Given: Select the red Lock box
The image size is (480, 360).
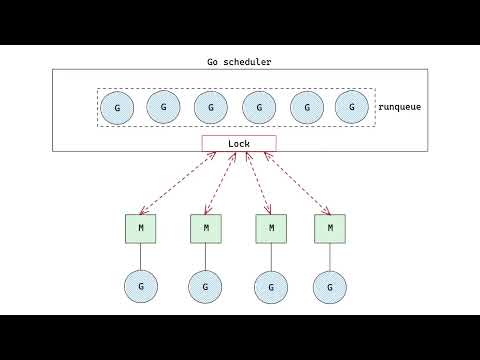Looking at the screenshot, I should pyautogui.click(x=239, y=143).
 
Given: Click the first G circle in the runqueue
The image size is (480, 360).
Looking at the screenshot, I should pyautogui.click(x=118, y=107).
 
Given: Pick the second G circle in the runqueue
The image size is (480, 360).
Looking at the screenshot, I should pyautogui.click(x=163, y=105).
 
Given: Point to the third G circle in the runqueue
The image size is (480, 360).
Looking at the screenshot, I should pyautogui.click(x=210, y=107).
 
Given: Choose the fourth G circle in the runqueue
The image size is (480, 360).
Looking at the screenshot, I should pyautogui.click(x=259, y=107).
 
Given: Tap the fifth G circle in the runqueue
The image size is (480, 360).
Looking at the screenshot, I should pyautogui.click(x=306, y=107).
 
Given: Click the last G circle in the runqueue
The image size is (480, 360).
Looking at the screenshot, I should pyautogui.click(x=351, y=105).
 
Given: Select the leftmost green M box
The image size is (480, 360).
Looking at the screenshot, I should pyautogui.click(x=140, y=228).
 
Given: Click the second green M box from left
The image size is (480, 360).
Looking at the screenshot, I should pyautogui.click(x=205, y=228).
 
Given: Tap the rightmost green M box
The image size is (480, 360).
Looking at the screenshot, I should pyautogui.click(x=329, y=228).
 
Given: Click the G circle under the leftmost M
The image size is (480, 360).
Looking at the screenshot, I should pyautogui.click(x=140, y=286).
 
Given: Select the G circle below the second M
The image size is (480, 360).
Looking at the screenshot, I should pyautogui.click(x=205, y=286).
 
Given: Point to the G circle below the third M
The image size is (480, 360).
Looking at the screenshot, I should pyautogui.click(x=269, y=286).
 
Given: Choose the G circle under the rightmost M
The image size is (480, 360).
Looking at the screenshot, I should pyautogui.click(x=329, y=286).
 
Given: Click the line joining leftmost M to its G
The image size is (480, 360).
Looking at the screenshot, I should pyautogui.click(x=140, y=256).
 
